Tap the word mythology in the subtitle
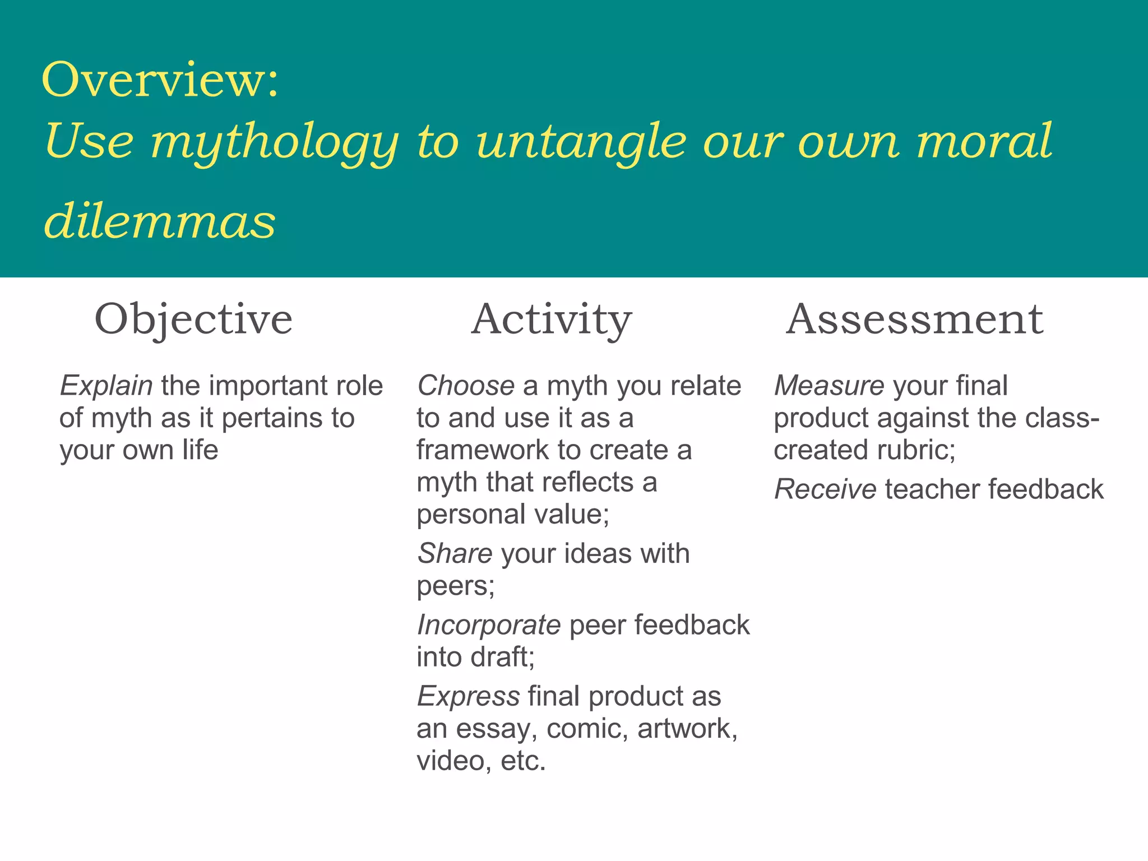[x=274, y=142]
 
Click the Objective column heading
[x=193, y=320]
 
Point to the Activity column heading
[x=552, y=320]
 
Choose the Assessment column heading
[x=914, y=320]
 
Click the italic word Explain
[x=106, y=386]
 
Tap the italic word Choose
[x=465, y=386]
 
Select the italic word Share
[x=455, y=554]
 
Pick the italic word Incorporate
[x=488, y=625]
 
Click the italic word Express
[x=468, y=697]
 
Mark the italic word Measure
[x=829, y=386]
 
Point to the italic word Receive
[x=825, y=489]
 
